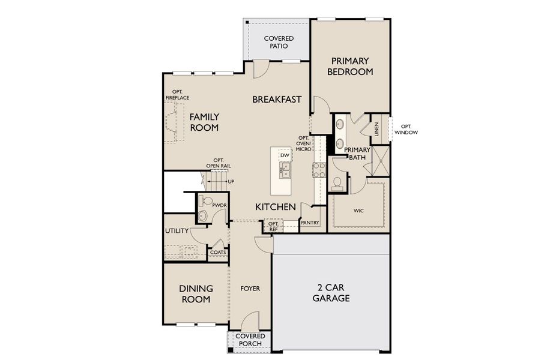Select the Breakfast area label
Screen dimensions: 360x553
276,100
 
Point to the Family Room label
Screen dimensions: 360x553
205,122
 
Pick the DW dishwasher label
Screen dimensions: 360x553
285,155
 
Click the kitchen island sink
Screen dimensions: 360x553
285,174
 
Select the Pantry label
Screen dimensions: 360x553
310,223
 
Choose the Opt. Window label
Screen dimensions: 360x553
406,129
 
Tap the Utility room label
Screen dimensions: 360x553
177,231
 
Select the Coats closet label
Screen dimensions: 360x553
217,253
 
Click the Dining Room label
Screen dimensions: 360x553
196,293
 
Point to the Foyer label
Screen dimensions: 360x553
250,289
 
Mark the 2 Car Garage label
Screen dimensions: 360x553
331,292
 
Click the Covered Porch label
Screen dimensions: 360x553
250,340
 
